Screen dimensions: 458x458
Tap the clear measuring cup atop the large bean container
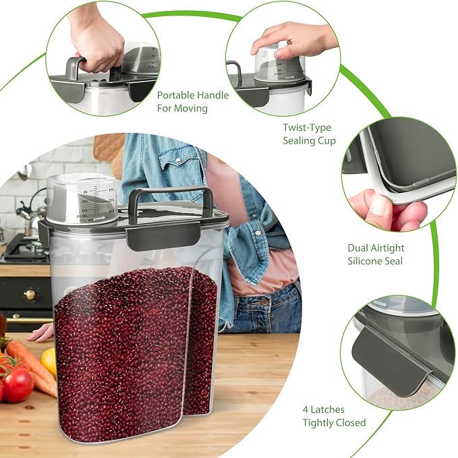click(x=82, y=199)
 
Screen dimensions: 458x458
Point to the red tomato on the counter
click(x=18, y=384)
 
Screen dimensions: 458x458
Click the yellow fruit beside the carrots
click(x=49, y=361)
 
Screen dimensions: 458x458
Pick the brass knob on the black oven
click(x=30, y=294)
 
